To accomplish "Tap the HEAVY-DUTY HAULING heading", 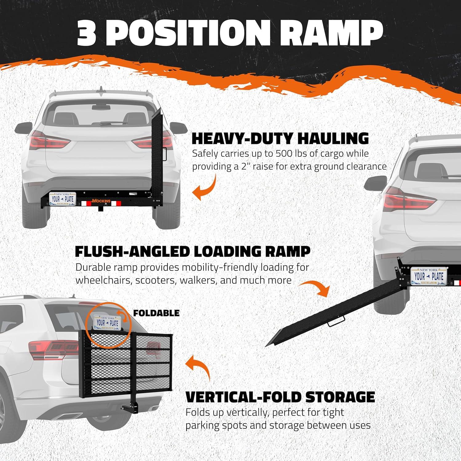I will [x=280, y=138].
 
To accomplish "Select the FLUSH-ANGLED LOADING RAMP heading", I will [x=193, y=251].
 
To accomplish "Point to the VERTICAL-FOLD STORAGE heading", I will [x=280, y=397].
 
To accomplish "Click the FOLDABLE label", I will [x=156, y=313].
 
